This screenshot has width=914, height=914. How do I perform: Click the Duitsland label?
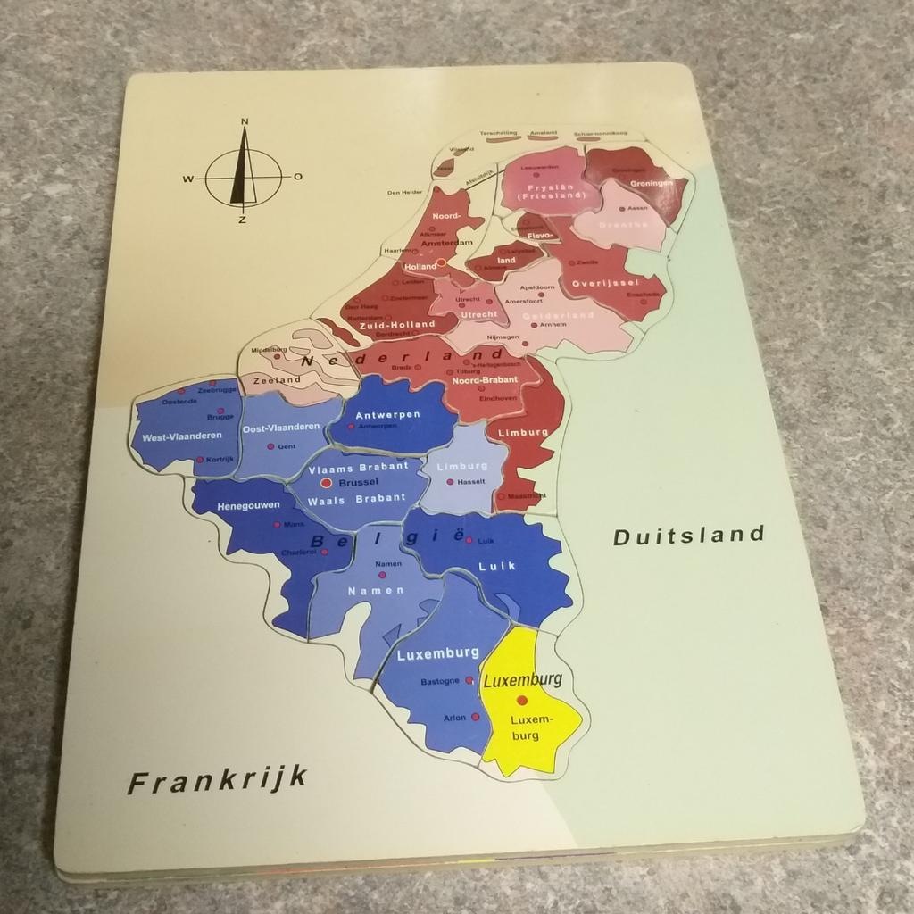(x=688, y=535)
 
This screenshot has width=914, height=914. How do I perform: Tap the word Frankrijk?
(x=218, y=780)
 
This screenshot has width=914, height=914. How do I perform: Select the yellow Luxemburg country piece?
(x=529, y=701)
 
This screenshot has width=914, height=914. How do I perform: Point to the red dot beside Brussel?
(x=327, y=482)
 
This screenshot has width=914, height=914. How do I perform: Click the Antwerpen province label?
(x=387, y=415)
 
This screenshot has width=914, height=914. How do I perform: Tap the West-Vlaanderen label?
(x=181, y=436)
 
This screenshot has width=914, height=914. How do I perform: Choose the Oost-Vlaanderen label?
(x=280, y=428)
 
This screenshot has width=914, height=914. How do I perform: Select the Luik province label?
(x=498, y=566)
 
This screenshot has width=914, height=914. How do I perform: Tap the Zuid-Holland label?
(x=396, y=325)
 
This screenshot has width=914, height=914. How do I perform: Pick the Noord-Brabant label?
(x=479, y=380)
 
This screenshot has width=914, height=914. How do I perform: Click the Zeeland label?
(x=277, y=379)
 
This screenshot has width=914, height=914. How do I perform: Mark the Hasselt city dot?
(x=450, y=482)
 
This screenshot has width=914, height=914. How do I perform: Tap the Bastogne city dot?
(x=468, y=680)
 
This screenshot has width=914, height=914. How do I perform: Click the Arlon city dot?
(x=476, y=717)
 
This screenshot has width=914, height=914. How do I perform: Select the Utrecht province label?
(x=478, y=315)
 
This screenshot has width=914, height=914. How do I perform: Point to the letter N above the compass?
(x=245, y=122)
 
